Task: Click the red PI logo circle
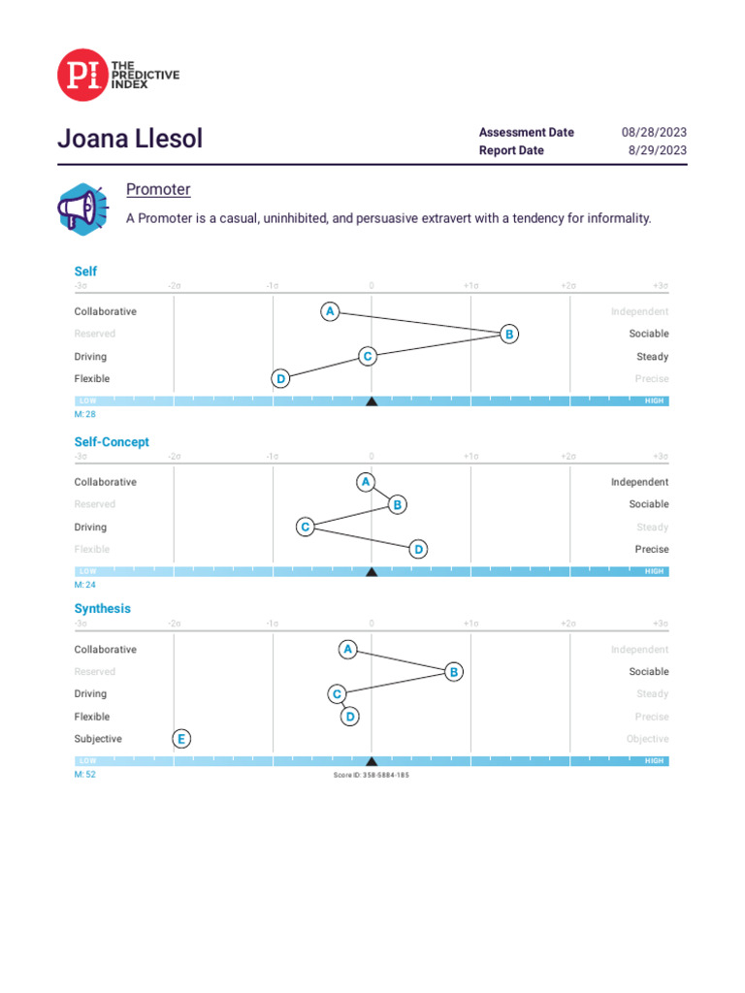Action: pyautogui.click(x=82, y=76)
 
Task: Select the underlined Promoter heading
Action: pyautogui.click(x=158, y=189)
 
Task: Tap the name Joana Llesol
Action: pyautogui.click(x=130, y=139)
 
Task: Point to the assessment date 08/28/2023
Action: pyautogui.click(x=654, y=132)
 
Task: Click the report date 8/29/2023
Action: pyautogui.click(x=657, y=150)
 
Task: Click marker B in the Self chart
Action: pyautogui.click(x=508, y=334)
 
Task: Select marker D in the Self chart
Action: pyautogui.click(x=280, y=378)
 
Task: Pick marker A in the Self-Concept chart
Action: pyautogui.click(x=366, y=482)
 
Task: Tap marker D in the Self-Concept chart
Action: pyautogui.click(x=418, y=550)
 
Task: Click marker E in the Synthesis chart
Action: pyautogui.click(x=181, y=739)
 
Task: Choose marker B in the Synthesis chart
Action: pyautogui.click(x=453, y=671)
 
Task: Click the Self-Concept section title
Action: pyautogui.click(x=112, y=442)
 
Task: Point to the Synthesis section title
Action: pyautogui.click(x=103, y=609)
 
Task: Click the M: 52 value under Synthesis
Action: pyautogui.click(x=85, y=775)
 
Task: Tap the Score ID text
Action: pyautogui.click(x=372, y=775)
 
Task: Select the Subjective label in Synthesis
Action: pyautogui.click(x=99, y=739)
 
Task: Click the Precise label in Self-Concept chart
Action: pyautogui.click(x=651, y=550)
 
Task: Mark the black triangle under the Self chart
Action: pyautogui.click(x=372, y=400)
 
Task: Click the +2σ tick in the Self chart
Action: pyautogui.click(x=568, y=286)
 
